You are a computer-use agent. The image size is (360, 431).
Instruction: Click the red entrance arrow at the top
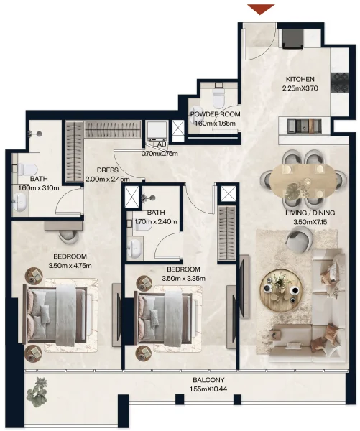coord(261,9)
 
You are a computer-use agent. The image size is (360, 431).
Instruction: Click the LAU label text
coord(160,144)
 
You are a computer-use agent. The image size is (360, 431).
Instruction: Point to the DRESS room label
coord(108,170)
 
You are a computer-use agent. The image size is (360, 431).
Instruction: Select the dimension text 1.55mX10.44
coord(209,389)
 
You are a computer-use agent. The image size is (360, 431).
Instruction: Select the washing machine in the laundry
coord(156,131)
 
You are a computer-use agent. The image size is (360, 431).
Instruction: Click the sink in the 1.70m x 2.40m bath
coord(134,249)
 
